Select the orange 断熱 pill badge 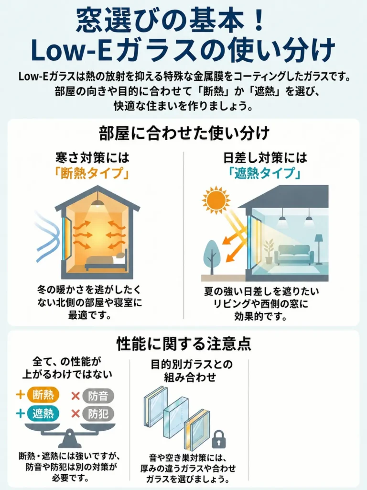(x=43, y=395)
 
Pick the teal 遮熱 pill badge (x=43, y=413)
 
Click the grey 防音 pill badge (x=98, y=396)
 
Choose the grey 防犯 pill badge (x=98, y=414)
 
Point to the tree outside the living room (x=212, y=257)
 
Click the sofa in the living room (x=294, y=255)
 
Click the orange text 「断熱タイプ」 (x=92, y=173)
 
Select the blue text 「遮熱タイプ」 (x=265, y=173)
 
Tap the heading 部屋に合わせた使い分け (x=184, y=134)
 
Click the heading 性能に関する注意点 (x=184, y=344)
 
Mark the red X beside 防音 (x=75, y=396)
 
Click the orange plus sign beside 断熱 (x=20, y=395)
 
